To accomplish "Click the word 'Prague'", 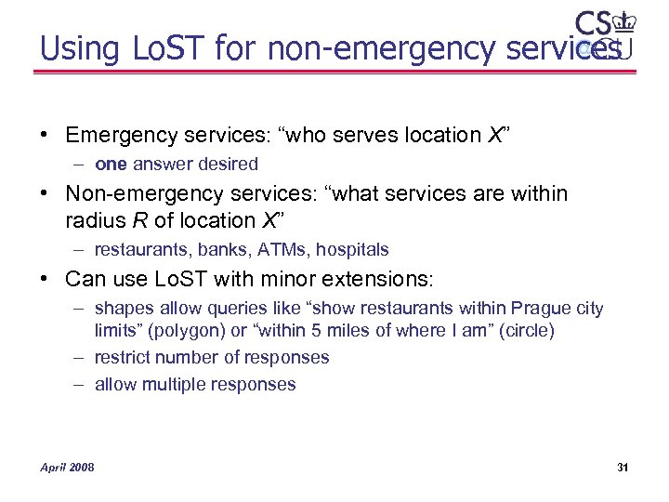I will [x=543, y=309].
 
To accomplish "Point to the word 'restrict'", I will [x=122, y=358].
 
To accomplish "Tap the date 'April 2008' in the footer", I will [x=67, y=467].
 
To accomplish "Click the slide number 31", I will [x=623, y=467].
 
